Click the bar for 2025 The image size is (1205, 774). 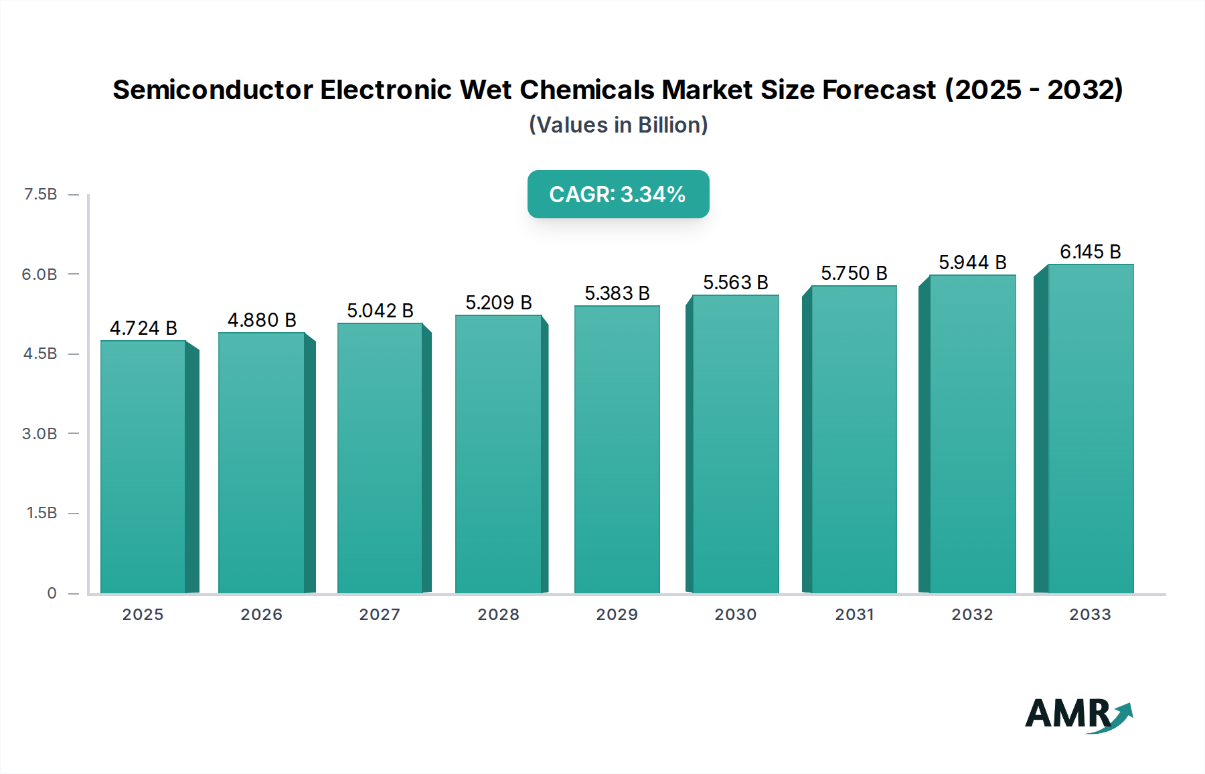143,467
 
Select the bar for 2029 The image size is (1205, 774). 617,449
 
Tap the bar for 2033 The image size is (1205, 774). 1091,429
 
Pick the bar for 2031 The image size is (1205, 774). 854,439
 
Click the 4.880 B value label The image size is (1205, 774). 262,320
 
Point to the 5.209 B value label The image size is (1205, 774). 499,303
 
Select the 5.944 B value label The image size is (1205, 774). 972,262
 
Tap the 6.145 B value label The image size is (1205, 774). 1090,252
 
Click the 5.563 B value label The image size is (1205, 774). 735,283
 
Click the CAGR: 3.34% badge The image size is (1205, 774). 618,194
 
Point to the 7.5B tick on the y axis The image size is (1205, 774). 40,194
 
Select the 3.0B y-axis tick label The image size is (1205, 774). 39,434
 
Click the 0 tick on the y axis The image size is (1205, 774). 52,593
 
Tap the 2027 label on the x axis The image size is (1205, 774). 380,615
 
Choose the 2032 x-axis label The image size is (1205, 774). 972,615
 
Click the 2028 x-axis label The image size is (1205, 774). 498,615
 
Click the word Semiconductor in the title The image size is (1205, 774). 212,90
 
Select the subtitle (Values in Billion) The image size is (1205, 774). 618,125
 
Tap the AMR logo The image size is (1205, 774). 1078,714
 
